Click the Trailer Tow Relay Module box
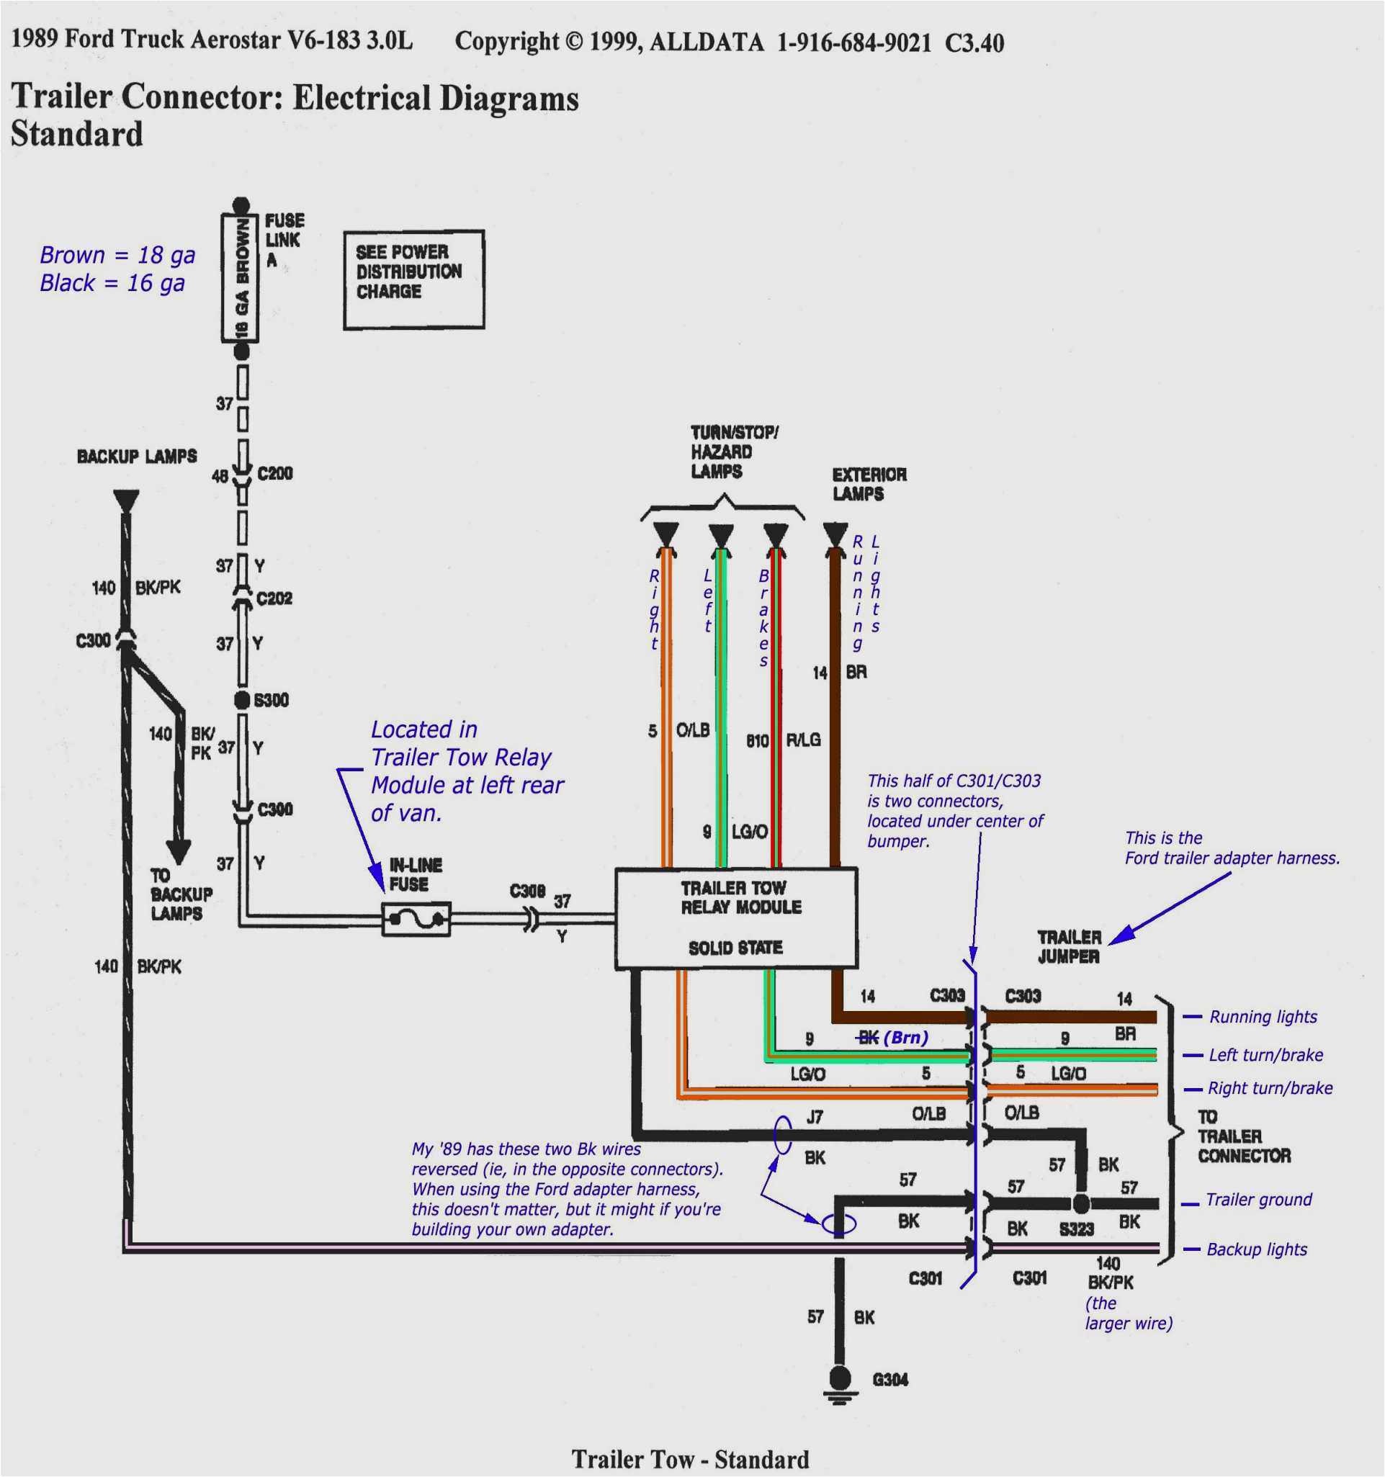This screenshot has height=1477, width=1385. [x=735, y=917]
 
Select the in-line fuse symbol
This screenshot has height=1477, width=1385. [x=416, y=920]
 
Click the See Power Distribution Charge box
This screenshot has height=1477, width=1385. [x=414, y=279]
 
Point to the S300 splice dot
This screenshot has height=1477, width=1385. [x=241, y=700]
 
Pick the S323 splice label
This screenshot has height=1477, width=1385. [x=1076, y=1229]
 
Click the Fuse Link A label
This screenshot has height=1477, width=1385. [x=283, y=240]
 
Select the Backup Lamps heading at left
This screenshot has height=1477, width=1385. [x=137, y=456]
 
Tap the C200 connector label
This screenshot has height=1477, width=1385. [x=275, y=473]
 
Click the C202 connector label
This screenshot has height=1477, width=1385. [x=274, y=598]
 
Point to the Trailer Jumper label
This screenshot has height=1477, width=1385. [x=1069, y=946]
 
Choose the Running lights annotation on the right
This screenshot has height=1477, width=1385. [x=1263, y=1017]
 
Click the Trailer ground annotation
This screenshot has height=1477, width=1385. [x=1258, y=1200]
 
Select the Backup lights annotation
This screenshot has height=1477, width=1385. [x=1255, y=1249]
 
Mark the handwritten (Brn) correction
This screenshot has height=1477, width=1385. [x=906, y=1037]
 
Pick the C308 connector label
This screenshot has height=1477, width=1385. [x=526, y=891]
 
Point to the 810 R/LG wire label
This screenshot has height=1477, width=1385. [x=783, y=740]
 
